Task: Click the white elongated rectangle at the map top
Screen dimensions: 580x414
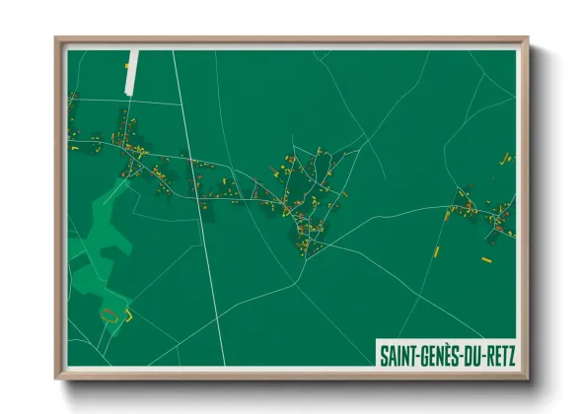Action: point(132,72)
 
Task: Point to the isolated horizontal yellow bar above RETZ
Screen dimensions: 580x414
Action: point(486,259)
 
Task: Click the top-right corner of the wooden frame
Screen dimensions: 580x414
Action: point(528,38)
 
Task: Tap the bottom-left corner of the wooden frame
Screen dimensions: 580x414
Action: point(56,379)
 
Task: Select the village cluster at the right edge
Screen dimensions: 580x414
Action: point(483,212)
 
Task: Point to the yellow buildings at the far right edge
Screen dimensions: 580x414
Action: point(508,157)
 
